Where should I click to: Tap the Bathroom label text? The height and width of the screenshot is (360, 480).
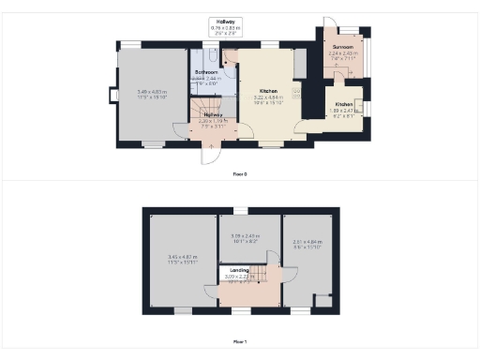coord(206,71)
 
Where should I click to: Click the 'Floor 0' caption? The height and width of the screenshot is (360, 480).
coord(240,173)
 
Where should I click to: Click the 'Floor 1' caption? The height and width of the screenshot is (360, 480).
coord(240,342)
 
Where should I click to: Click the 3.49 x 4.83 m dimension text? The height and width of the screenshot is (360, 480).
coord(153,94)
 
